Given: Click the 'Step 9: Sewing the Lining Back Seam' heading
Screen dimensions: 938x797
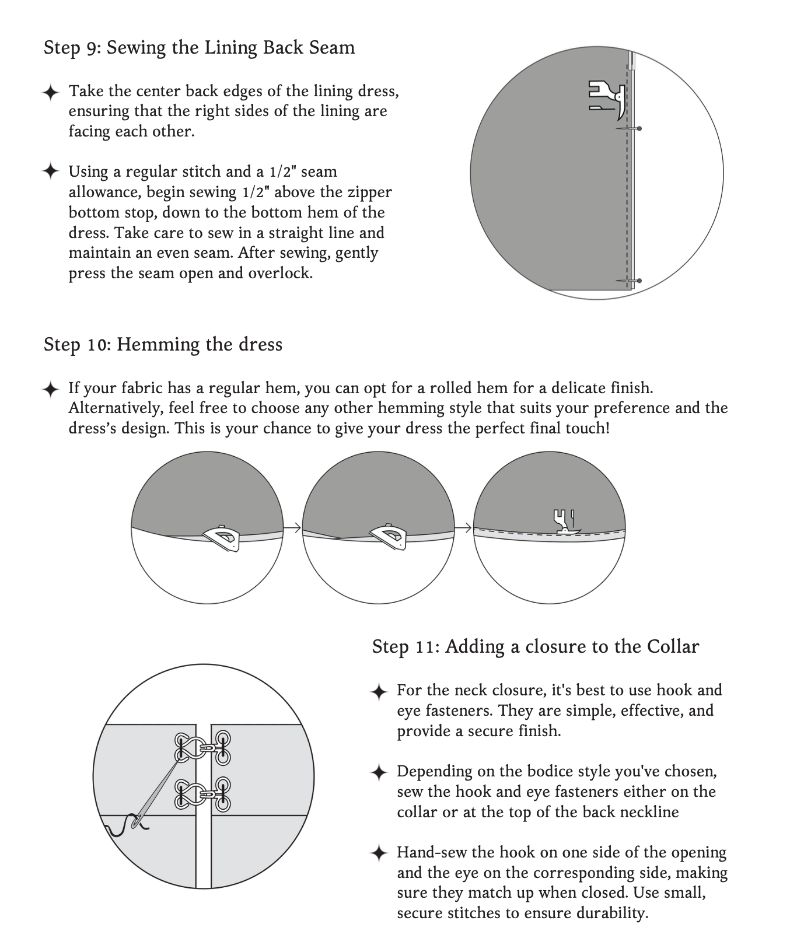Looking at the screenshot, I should tap(199, 47).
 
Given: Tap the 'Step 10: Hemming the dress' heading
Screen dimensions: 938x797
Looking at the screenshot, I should tap(163, 344).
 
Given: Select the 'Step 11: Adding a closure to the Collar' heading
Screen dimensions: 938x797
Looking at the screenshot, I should tap(535, 646).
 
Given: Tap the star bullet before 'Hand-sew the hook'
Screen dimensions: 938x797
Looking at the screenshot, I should tap(379, 853).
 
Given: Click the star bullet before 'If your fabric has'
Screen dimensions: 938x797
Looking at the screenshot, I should tap(51, 388).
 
